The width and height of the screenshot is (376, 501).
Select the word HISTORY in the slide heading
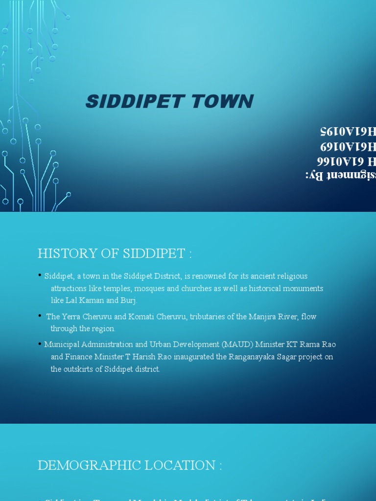click(64, 254)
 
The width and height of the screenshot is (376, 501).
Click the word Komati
click(141, 317)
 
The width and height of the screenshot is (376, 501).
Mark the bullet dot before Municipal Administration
click(40, 344)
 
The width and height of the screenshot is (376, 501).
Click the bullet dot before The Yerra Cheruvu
click(40, 316)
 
